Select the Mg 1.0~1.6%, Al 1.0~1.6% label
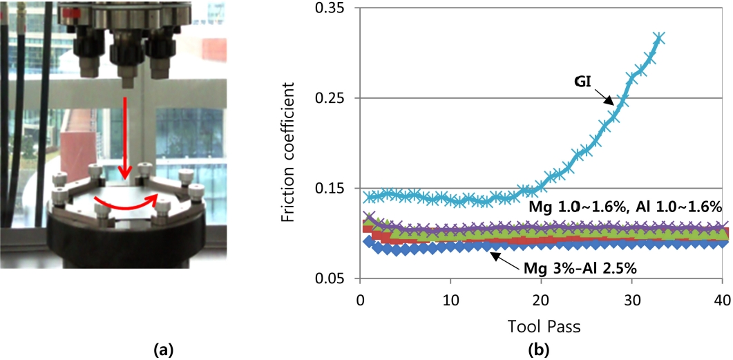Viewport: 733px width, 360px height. point(625,207)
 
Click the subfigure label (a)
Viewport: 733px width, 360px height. point(162,350)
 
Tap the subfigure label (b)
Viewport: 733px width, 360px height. point(538,350)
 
